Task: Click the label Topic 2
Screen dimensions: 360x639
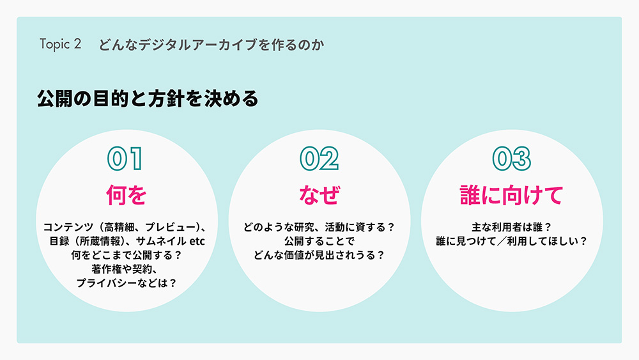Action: [60, 45]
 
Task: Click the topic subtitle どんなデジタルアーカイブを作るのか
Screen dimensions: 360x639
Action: [208, 45]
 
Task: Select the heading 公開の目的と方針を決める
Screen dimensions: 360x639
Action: [148, 99]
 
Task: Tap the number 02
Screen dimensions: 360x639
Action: [319, 159]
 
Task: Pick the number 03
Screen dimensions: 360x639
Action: [512, 159]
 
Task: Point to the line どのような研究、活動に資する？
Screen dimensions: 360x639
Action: [319, 227]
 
